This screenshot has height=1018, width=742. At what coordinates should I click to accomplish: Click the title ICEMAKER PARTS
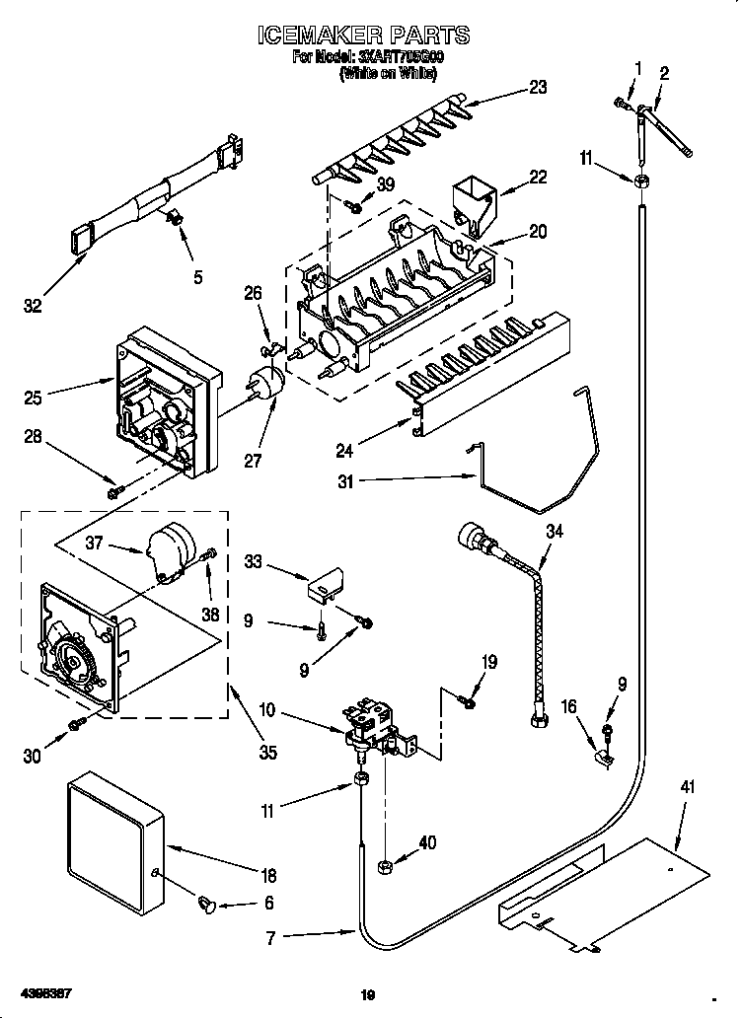click(363, 36)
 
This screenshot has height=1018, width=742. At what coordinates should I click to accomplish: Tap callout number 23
click(537, 87)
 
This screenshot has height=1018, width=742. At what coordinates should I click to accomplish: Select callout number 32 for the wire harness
click(33, 306)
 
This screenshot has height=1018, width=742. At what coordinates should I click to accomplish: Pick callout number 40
click(426, 842)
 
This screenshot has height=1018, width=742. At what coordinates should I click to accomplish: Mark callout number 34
click(555, 534)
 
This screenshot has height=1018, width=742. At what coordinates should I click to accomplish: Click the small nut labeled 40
click(387, 866)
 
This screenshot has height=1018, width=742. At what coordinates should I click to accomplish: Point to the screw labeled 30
click(75, 727)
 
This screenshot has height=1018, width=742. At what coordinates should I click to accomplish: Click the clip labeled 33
click(323, 586)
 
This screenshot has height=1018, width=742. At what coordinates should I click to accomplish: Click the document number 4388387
click(44, 989)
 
